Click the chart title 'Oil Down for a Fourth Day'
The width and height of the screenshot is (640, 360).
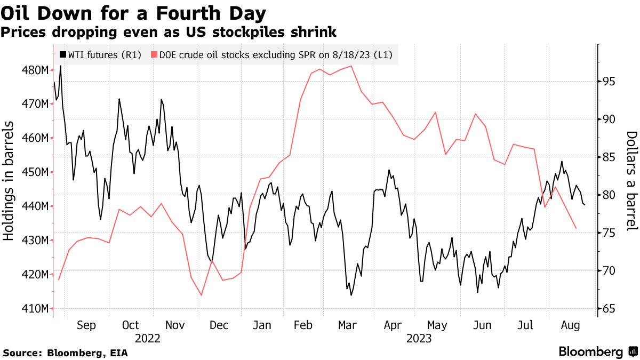(x=134, y=12)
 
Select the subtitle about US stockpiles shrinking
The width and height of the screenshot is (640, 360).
(x=169, y=32)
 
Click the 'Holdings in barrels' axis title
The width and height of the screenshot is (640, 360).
(x=9, y=188)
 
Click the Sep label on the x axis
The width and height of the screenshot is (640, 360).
(x=86, y=325)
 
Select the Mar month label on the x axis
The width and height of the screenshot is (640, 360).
(x=348, y=325)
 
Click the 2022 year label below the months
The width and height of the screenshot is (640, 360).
(x=148, y=338)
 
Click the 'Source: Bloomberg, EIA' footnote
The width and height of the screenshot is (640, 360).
(x=66, y=353)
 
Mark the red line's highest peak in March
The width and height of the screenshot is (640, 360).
(x=351, y=66)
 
